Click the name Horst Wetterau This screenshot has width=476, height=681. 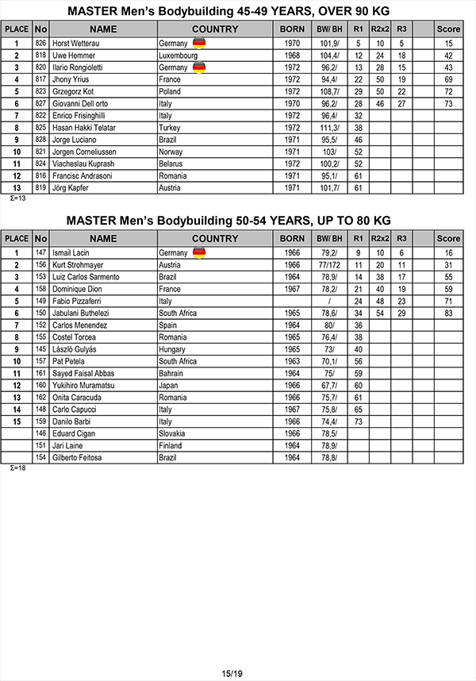pyautogui.click(x=77, y=44)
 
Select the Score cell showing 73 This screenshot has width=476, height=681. pyautogui.click(x=448, y=103)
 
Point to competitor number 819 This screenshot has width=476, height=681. pyautogui.click(x=40, y=187)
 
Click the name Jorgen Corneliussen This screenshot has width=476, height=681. pyautogui.click(x=85, y=152)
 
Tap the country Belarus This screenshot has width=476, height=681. pyautogui.click(x=172, y=164)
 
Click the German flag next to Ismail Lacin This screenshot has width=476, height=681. pyautogui.click(x=198, y=253)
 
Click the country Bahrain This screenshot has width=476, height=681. pyautogui.click(x=172, y=373)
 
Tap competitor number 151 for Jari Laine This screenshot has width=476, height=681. pyautogui.click(x=40, y=445)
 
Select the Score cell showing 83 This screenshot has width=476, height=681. pyautogui.click(x=448, y=314)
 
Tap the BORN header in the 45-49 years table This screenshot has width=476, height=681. pyautogui.click(x=292, y=29)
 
